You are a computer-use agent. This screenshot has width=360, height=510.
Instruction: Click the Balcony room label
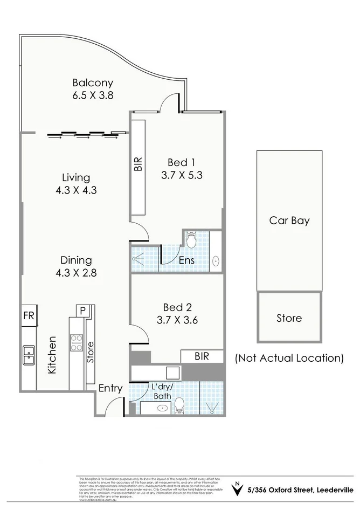(x=93, y=83)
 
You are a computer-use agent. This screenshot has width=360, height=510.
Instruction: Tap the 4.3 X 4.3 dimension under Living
(x=75, y=190)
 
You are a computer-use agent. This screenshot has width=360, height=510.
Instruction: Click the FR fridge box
(x=29, y=316)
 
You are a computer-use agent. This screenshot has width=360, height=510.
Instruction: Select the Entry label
(x=110, y=388)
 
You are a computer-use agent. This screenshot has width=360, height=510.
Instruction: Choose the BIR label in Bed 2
(x=202, y=356)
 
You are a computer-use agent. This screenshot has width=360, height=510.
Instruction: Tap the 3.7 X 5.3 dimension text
(x=181, y=175)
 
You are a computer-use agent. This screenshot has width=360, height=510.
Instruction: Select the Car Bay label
(x=289, y=220)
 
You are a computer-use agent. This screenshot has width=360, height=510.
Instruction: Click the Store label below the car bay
(x=289, y=318)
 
